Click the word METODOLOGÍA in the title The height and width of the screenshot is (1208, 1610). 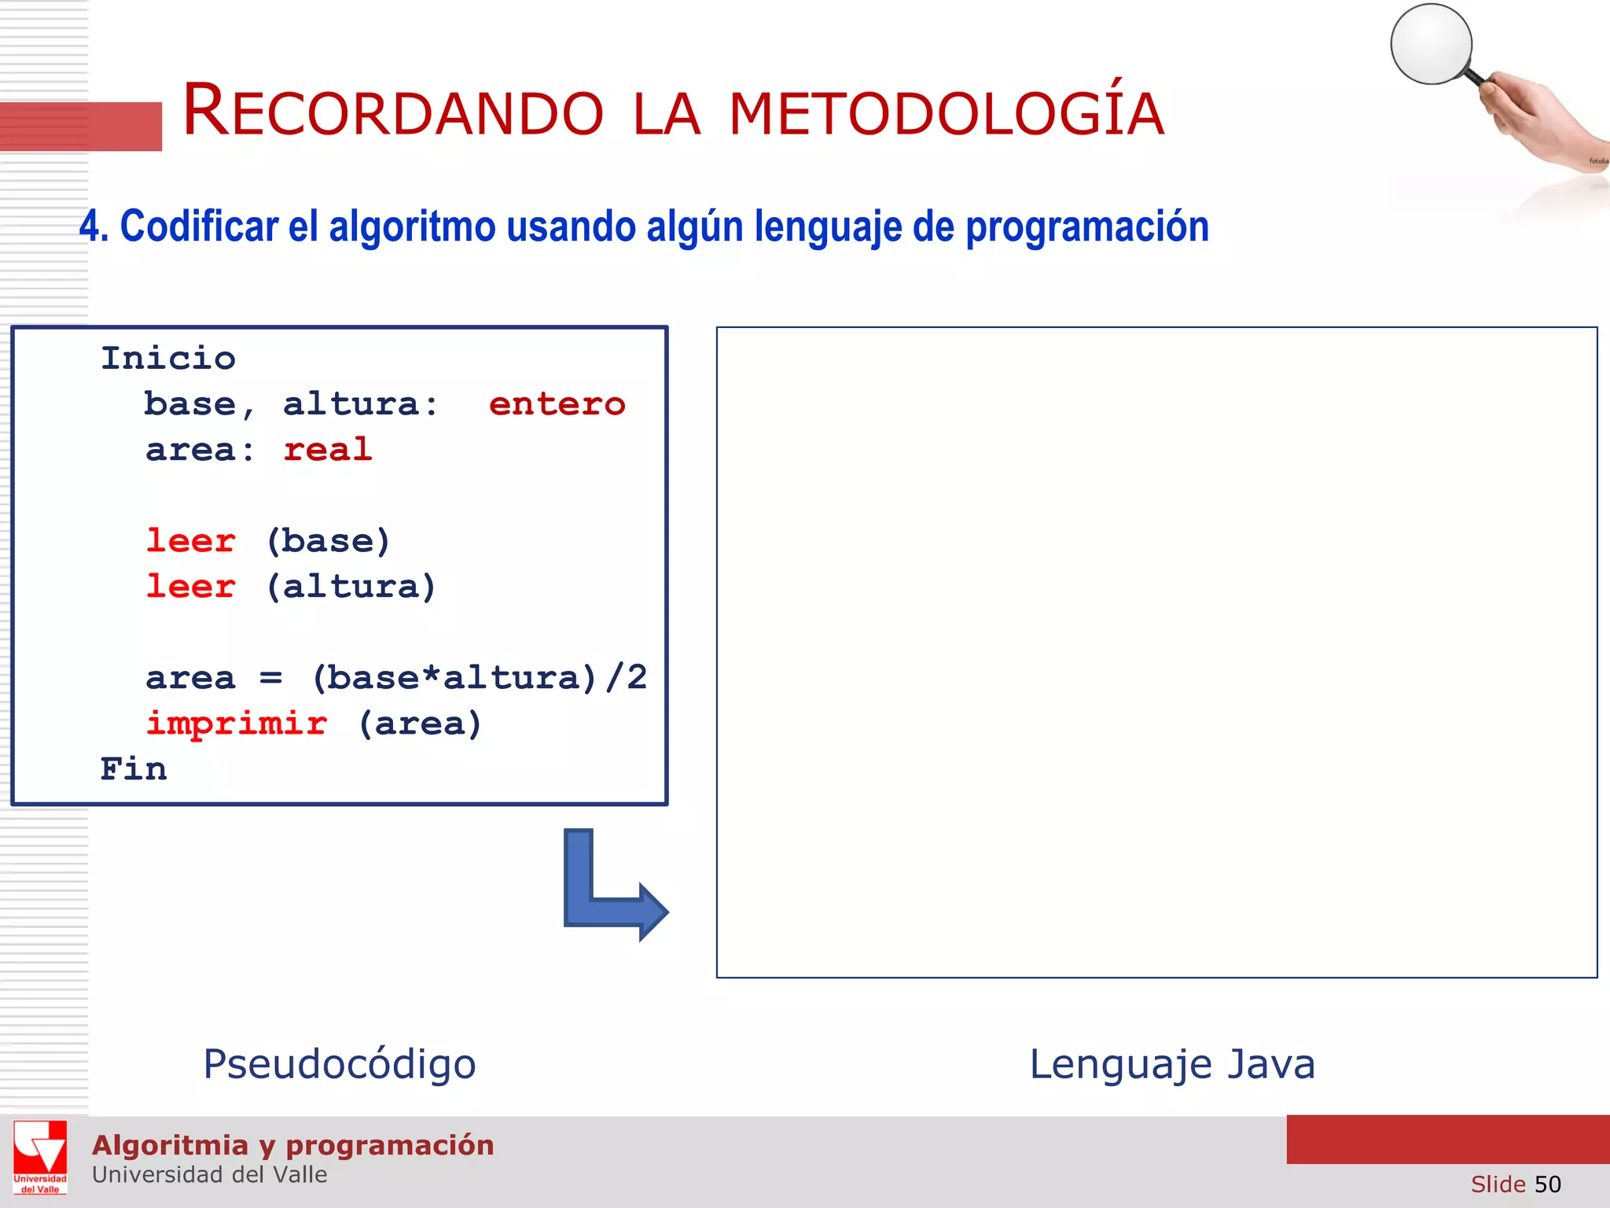click(946, 115)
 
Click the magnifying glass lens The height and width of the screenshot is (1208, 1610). click(1431, 44)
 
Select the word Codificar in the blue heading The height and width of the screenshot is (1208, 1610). click(199, 226)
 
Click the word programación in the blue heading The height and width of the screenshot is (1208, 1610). click(1086, 226)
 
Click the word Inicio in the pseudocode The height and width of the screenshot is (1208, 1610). click(168, 359)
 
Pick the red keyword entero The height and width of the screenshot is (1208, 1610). click(557, 404)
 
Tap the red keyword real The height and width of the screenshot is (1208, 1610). click(327, 450)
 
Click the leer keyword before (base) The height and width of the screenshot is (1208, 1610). click(191, 541)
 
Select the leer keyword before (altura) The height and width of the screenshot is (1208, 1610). click(191, 587)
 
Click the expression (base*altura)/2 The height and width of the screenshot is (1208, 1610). click(479, 678)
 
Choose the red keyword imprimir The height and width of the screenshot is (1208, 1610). click(237, 724)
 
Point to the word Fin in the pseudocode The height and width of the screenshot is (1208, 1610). click(134, 769)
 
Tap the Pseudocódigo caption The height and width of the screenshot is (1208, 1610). click(340, 1064)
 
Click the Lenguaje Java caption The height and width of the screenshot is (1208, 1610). click(1172, 1064)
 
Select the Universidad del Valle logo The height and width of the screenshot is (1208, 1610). click(40, 1157)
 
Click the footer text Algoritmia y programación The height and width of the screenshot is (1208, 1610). click(292, 1145)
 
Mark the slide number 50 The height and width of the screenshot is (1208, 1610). click(1547, 1184)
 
